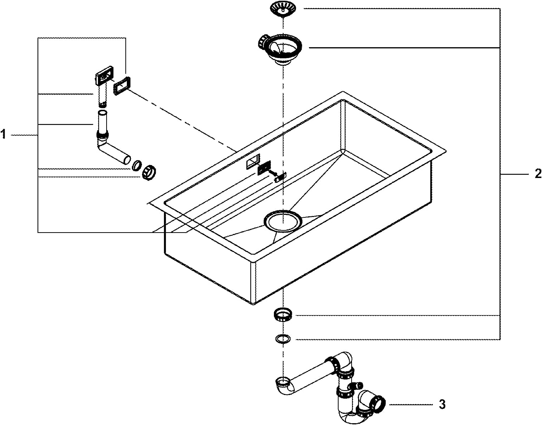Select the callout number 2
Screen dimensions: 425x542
538,174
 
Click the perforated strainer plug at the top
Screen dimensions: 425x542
282,8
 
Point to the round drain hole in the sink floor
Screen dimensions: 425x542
283,221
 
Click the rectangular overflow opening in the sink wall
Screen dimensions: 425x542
253,161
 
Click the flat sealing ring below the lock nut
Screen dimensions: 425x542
283,339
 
